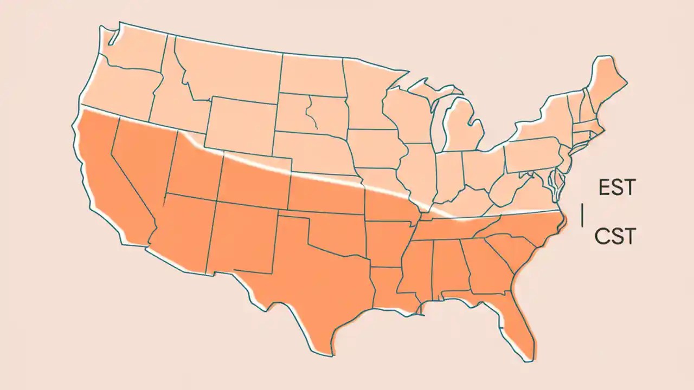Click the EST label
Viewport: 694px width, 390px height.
tap(616, 188)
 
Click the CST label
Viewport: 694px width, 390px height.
tap(614, 236)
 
